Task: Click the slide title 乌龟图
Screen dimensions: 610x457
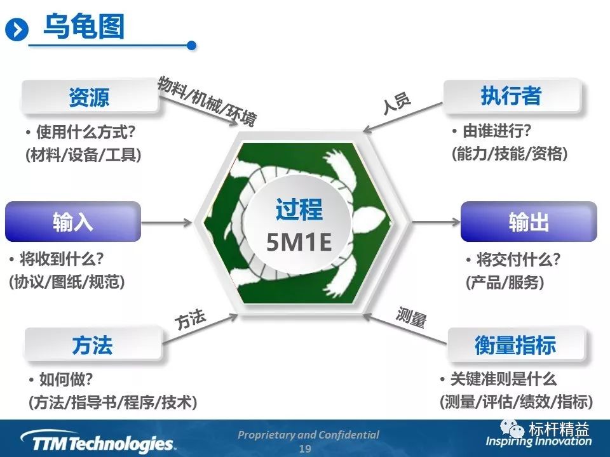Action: (x=84, y=27)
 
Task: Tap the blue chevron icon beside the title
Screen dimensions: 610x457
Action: (x=17, y=30)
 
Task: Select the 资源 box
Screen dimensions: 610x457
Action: (x=90, y=96)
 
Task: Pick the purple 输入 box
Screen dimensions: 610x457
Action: (x=72, y=222)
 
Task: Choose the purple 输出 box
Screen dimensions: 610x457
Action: (x=529, y=222)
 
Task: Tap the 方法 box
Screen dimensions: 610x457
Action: (x=93, y=344)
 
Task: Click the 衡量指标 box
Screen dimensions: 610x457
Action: (x=515, y=344)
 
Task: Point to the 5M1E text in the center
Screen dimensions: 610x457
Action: (x=299, y=242)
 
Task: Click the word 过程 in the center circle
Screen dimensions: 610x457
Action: (x=299, y=209)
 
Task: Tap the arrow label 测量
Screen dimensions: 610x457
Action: (x=411, y=317)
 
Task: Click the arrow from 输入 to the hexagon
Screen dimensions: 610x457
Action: (x=166, y=222)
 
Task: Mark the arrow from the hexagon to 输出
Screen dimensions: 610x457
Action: (x=436, y=222)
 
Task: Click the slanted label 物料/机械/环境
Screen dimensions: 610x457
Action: (x=207, y=101)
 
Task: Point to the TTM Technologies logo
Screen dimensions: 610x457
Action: (x=98, y=442)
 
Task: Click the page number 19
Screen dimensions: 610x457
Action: (x=305, y=449)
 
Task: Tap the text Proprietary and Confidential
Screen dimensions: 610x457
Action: (x=308, y=435)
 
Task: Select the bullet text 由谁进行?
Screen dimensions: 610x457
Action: (x=496, y=131)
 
